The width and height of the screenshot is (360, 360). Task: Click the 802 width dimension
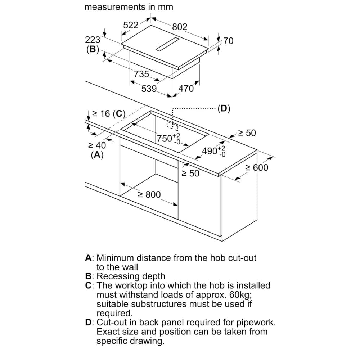180,27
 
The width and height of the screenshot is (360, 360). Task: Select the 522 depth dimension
131,25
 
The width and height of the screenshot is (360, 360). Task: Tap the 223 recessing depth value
93,40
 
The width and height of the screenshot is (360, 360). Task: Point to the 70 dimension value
228,41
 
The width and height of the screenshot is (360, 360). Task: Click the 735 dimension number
141,74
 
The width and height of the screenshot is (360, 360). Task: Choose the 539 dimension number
149,89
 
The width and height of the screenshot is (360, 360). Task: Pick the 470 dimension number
186,89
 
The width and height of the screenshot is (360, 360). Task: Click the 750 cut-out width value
168,139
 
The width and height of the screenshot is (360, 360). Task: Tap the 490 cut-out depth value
213,151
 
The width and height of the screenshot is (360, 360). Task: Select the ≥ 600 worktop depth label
257,168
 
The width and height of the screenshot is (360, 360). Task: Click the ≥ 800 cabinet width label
149,195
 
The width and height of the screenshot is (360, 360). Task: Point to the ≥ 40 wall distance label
97,145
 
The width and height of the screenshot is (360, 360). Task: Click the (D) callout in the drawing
224,108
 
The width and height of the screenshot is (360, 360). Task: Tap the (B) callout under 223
93,49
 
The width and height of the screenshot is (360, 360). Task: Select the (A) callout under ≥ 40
97,155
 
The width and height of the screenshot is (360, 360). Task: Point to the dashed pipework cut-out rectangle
172,126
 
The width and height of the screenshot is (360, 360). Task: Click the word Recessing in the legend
118,276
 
